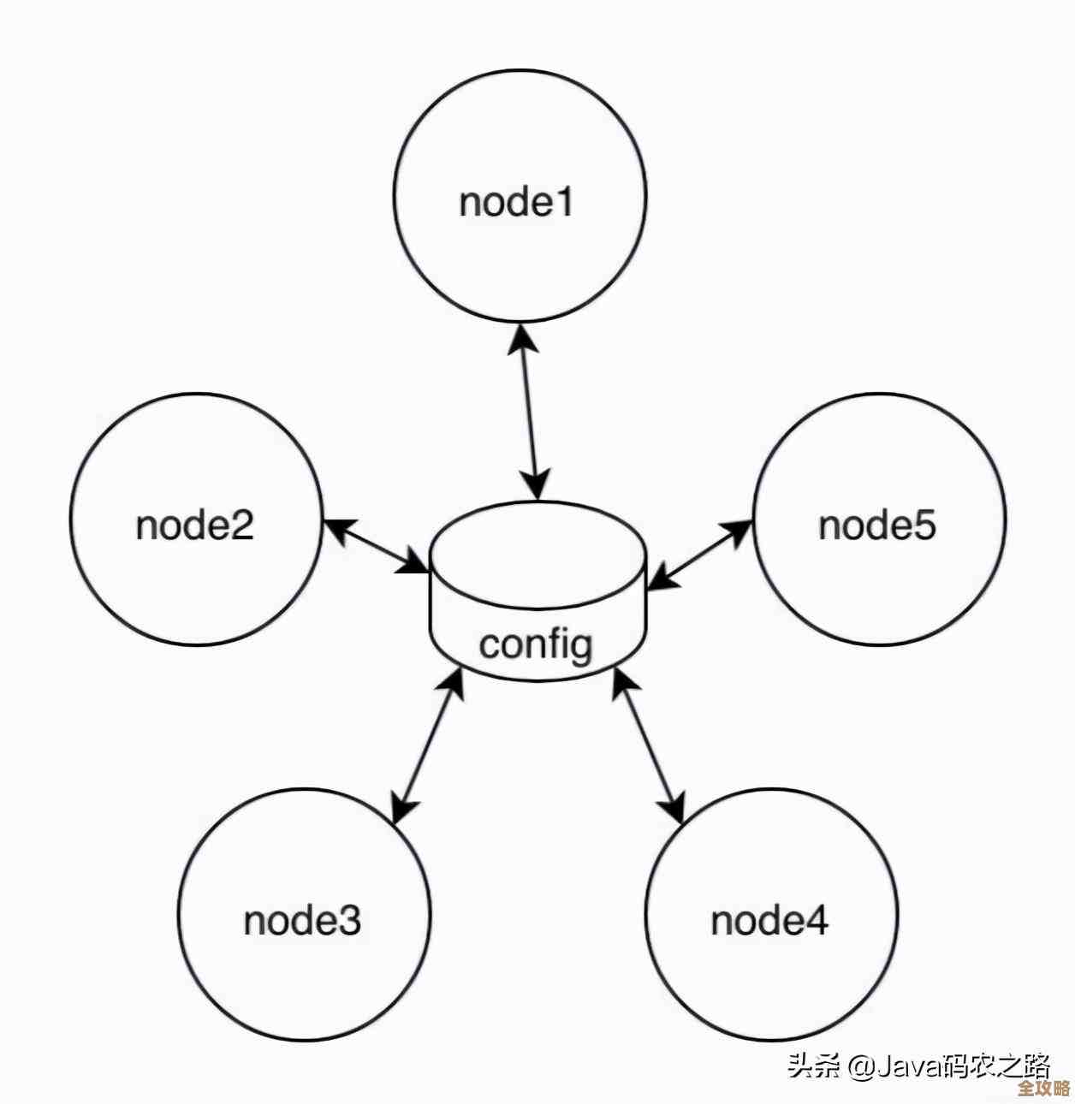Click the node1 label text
coord(516,203)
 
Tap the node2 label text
coord(195,525)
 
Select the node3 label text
coord(302,920)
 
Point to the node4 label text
coord(769,920)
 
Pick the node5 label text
coord(877,525)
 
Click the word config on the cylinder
coord(536,644)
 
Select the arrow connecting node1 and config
coord(530,411)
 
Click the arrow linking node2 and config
coord(376,546)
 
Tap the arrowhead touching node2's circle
coord(336,528)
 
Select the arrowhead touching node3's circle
coord(402,809)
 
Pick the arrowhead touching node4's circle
coord(675,808)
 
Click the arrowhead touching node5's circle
coord(739,531)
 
